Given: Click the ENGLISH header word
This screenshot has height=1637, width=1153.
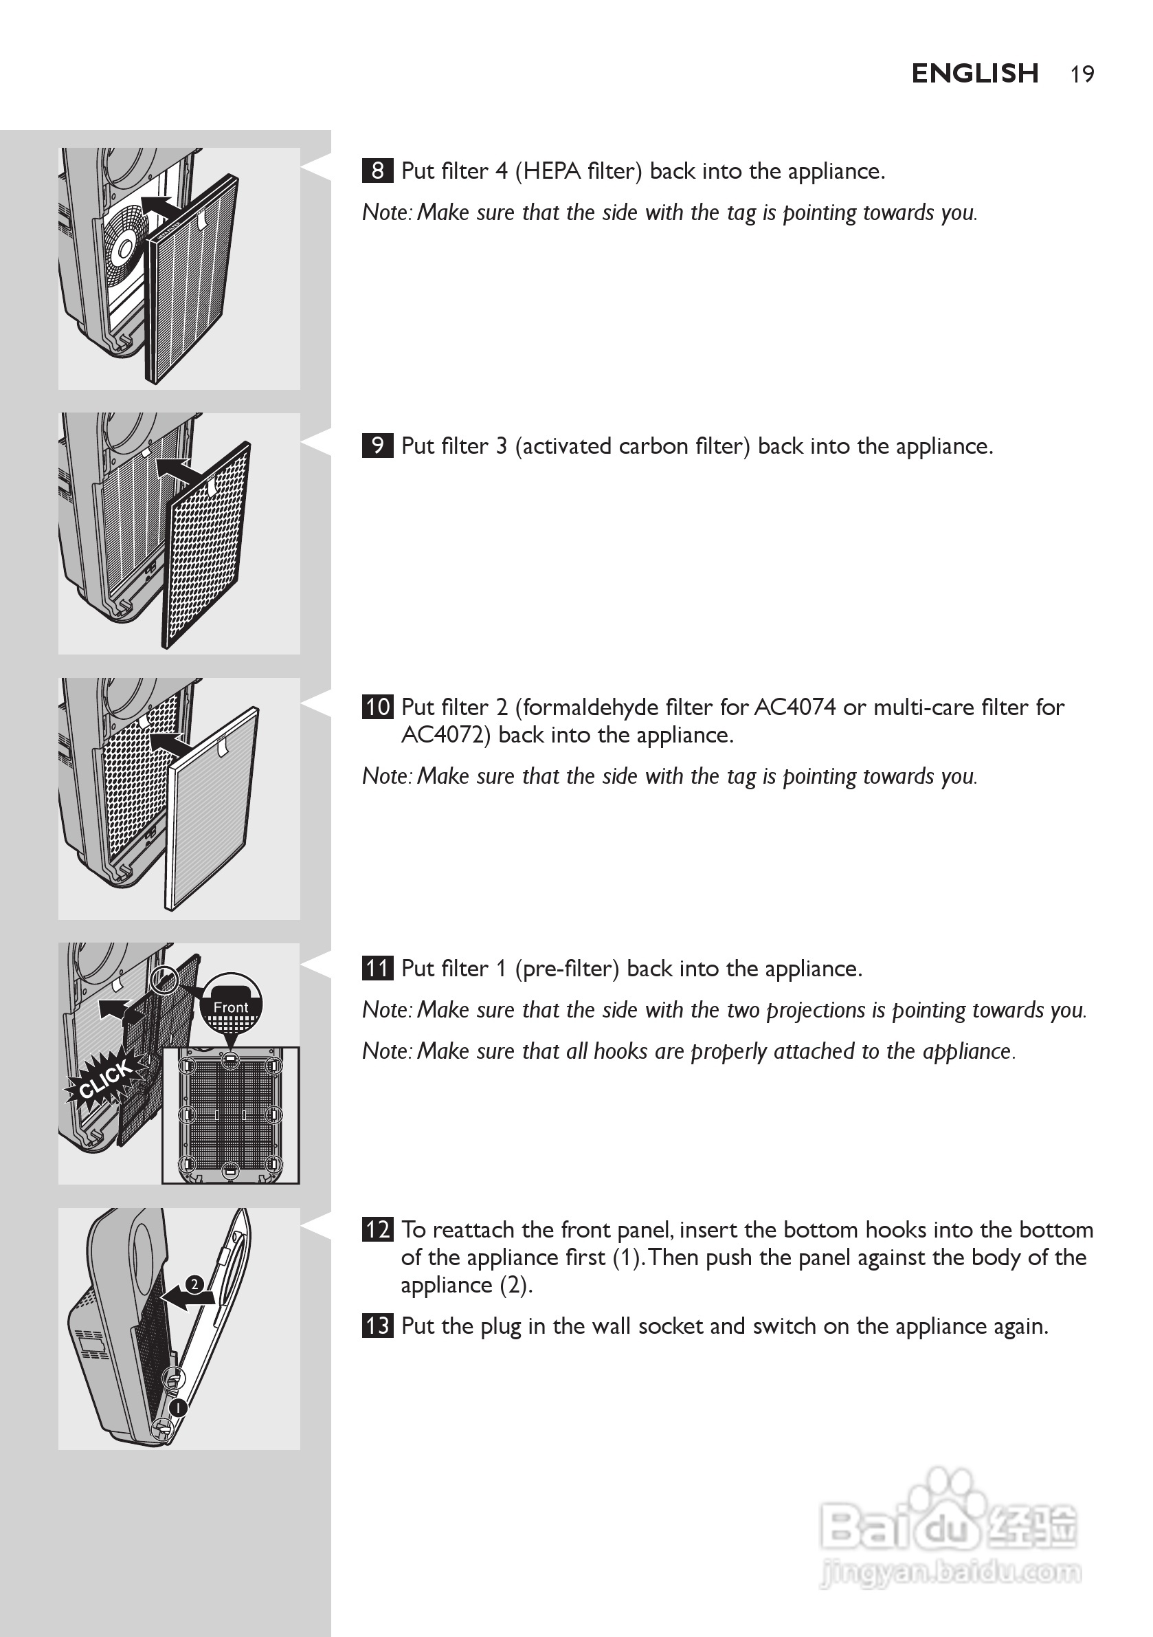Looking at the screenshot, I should coord(974,74).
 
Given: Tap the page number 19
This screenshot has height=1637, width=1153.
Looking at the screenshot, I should coord(1082,74).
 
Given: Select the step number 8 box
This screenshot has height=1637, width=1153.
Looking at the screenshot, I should coord(377,171).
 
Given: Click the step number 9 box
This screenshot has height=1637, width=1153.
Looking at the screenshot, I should coord(377,446).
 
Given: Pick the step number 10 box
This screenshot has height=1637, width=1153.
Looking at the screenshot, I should coord(377,707).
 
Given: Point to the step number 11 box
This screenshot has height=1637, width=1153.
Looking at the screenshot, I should coord(377,968).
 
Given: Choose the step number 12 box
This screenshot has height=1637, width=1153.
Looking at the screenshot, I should coord(377,1230).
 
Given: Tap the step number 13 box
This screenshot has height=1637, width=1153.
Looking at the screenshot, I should coord(377,1326).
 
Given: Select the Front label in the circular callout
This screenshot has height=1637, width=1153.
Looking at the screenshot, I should coord(231,1007).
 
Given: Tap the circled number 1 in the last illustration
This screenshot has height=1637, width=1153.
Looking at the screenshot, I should coord(177,1407).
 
